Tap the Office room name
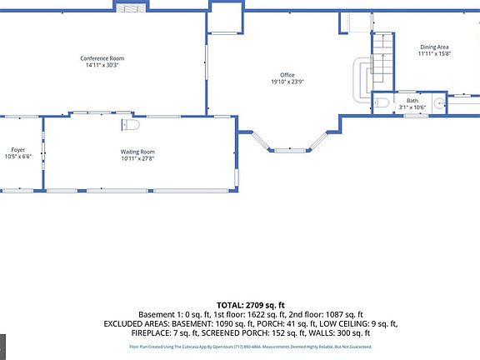click(287, 75)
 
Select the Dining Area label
click(434, 47)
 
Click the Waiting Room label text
click(137, 152)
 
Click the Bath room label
click(412, 101)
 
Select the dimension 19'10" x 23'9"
click(287, 82)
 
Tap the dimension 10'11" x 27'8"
click(137, 158)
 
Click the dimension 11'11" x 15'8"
click(434, 53)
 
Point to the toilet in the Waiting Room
click(130, 125)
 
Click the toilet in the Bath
click(382, 102)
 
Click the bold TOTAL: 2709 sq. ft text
click(251, 305)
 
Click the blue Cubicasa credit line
click(251, 346)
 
